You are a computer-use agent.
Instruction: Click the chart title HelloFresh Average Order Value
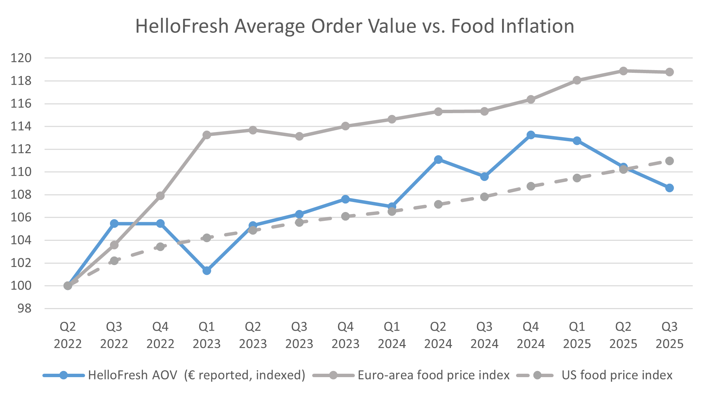pos(354,26)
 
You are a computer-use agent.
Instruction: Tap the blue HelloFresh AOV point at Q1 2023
pos(207,270)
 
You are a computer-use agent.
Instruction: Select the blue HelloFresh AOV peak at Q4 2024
pos(531,135)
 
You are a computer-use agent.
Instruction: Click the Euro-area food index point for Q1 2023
pos(207,135)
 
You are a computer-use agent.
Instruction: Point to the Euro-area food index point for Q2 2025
pos(623,71)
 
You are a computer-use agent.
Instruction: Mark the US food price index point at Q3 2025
pos(669,161)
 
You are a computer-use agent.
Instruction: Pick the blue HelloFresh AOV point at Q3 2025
pos(669,188)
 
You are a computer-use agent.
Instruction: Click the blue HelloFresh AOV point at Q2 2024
pos(438,159)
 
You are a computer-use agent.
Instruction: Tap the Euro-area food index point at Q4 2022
pos(161,196)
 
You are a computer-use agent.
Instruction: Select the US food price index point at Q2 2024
pos(438,204)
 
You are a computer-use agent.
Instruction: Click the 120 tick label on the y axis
pos(21,58)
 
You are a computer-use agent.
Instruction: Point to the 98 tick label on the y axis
pos(24,309)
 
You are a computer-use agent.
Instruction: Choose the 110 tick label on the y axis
pos(21,172)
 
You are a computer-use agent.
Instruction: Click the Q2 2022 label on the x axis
pos(68,335)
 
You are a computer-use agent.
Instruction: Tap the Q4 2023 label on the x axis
pos(345,335)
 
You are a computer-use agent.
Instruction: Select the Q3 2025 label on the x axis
pos(669,335)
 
